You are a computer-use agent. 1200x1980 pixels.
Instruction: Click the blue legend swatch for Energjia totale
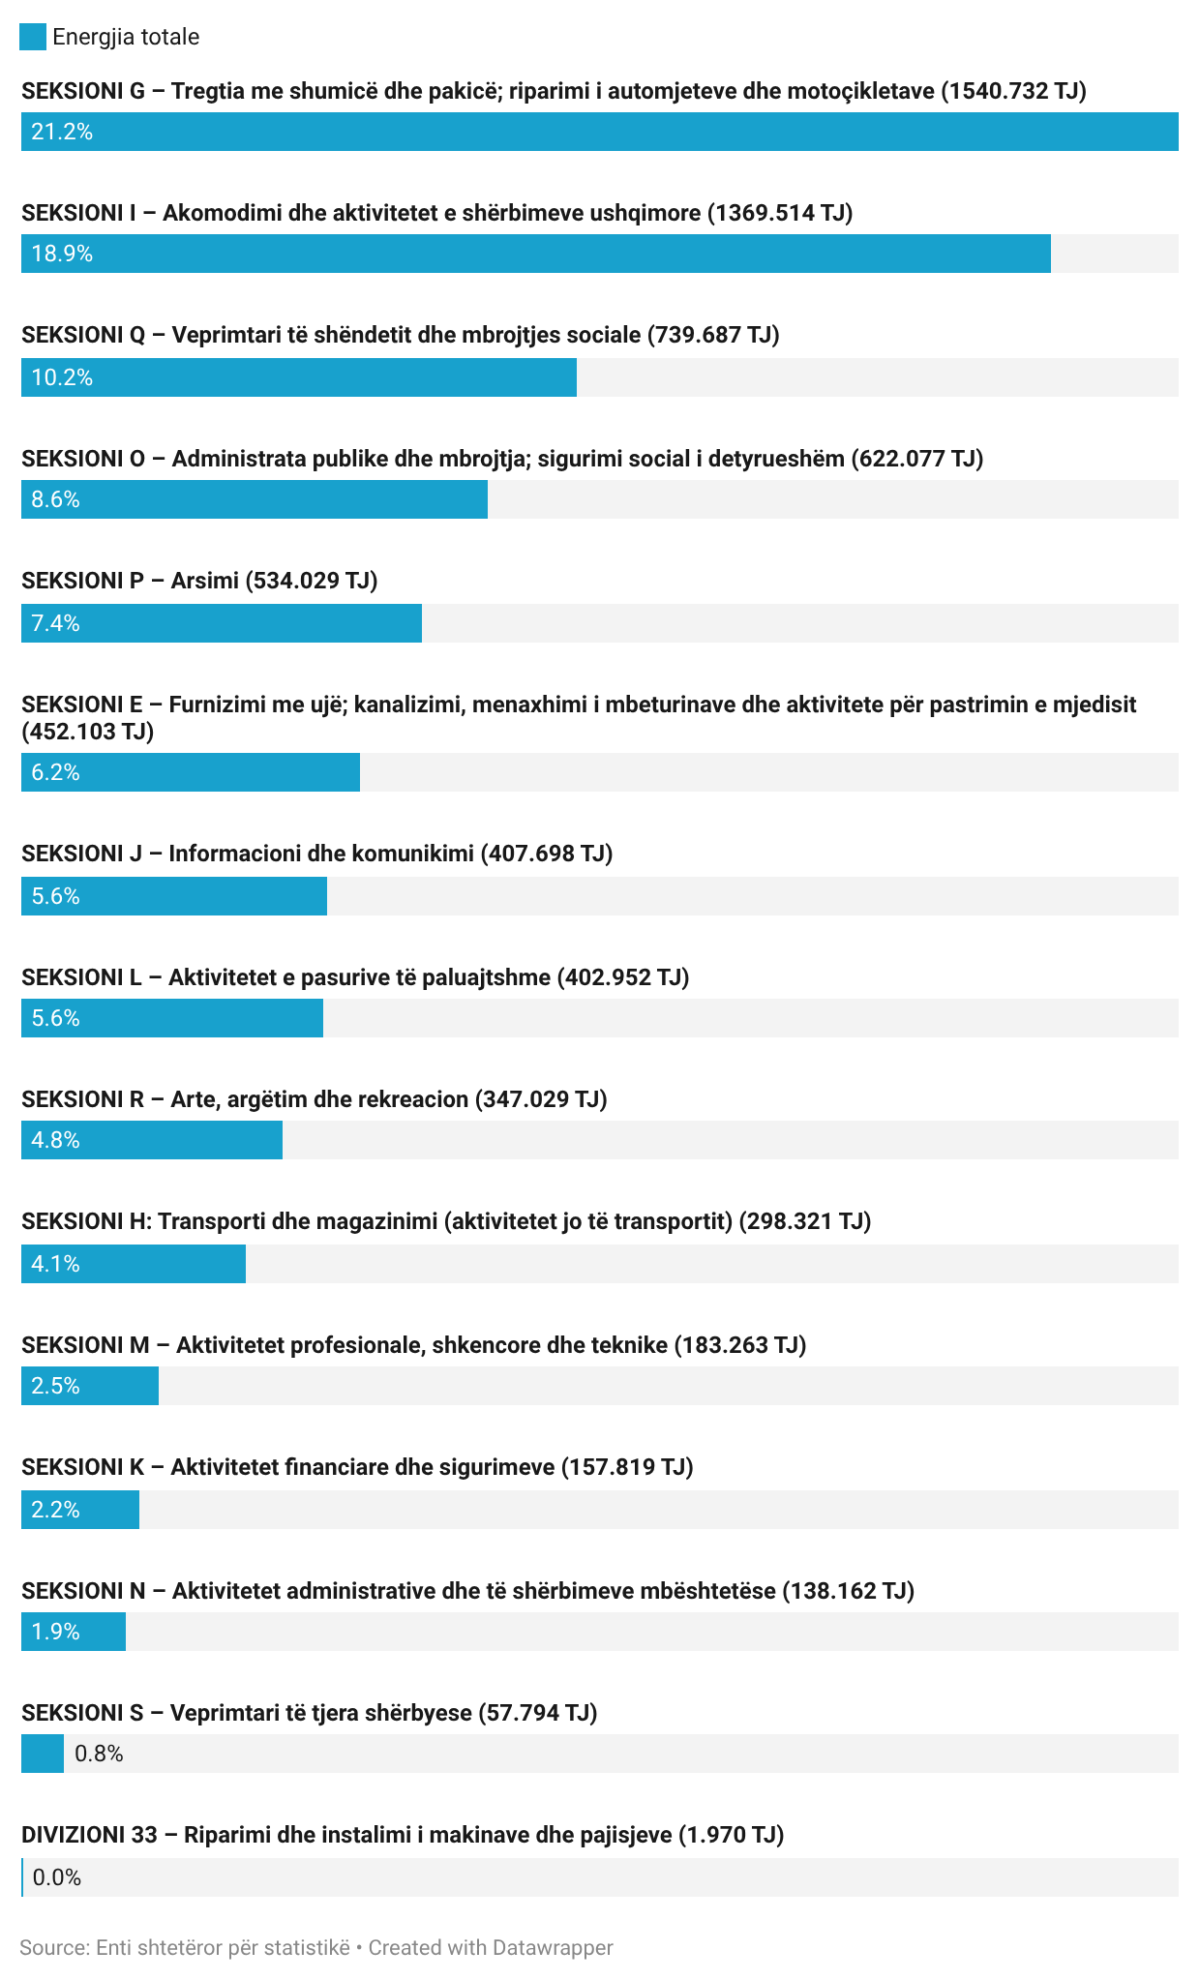pos(33,37)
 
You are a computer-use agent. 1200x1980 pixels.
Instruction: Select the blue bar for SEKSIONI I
pos(535,254)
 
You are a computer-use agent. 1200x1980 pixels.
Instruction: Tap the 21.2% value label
pos(62,132)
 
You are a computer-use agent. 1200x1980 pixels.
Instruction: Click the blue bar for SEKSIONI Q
pos(299,377)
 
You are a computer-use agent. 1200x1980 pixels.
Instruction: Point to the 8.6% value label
pos(55,499)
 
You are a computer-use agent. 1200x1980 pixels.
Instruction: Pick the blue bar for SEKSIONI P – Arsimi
pos(222,623)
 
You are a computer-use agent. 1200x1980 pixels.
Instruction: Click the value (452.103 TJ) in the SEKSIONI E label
pos(88,732)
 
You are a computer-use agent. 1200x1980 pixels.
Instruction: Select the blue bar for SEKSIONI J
pos(174,896)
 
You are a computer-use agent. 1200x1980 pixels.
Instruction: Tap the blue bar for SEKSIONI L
pos(172,1018)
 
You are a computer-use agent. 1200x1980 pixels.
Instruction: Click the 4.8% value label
pos(55,1140)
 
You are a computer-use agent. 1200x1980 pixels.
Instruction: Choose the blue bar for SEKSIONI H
pos(134,1264)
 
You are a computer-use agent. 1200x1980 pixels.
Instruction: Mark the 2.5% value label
pos(55,1386)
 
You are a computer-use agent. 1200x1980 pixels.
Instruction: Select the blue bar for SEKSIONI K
pos(80,1510)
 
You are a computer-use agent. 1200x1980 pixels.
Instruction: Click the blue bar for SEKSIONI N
pos(74,1632)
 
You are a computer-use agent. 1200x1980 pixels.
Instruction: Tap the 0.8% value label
pos(99,1754)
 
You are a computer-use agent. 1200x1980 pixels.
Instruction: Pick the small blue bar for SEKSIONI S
pos(43,1754)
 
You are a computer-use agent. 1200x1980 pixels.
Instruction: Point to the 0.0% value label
pos(57,1877)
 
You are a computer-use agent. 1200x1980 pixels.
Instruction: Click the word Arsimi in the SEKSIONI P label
pos(204,581)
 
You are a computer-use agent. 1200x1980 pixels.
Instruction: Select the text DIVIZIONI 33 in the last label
pos(89,1835)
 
